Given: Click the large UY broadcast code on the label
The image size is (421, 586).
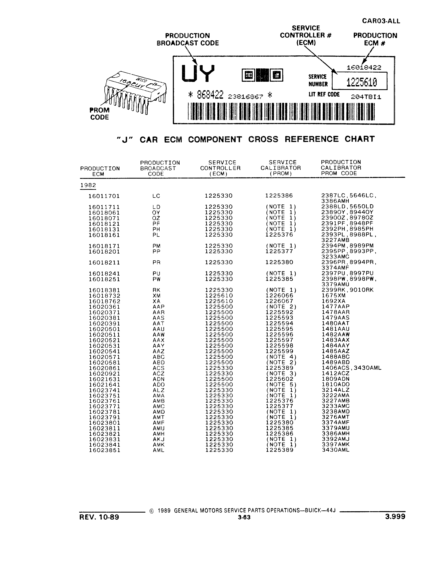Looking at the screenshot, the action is click(198, 73).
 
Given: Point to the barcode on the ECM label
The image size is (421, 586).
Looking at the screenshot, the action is click(281, 111).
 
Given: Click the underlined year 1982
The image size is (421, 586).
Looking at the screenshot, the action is click(88, 185).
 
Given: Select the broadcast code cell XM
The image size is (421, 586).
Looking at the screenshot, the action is click(156, 296).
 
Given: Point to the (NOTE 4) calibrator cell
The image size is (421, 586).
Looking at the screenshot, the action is click(281, 357).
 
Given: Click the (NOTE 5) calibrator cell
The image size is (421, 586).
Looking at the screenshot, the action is click(281, 384).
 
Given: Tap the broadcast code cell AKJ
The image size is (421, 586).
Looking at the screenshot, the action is click(158, 439).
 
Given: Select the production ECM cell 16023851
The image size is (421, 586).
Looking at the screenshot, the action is click(104, 450).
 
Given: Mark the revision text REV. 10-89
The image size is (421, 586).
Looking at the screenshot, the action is click(99, 517).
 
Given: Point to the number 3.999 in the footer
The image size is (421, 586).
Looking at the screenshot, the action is click(395, 517).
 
